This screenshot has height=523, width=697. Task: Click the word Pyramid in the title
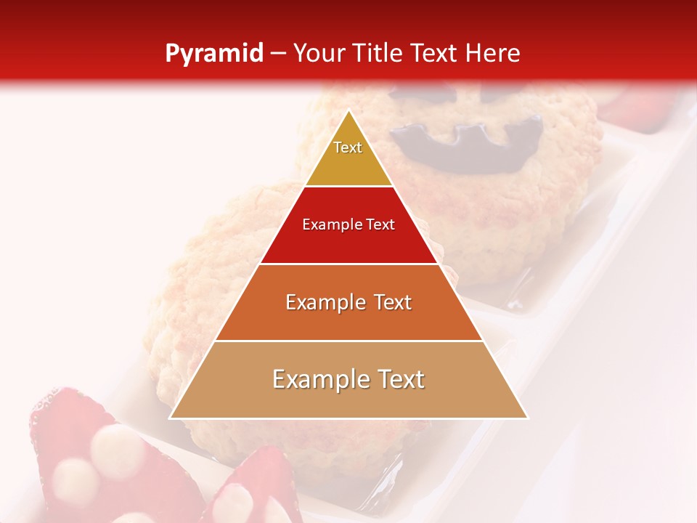(x=214, y=54)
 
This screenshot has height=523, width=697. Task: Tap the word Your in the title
(x=320, y=54)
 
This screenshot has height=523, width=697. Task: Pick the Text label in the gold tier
(x=348, y=147)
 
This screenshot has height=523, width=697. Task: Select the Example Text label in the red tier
(x=348, y=224)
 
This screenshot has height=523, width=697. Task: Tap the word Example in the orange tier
(x=319, y=302)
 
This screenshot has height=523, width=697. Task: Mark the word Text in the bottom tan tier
(x=401, y=379)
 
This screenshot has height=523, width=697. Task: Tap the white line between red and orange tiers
(x=348, y=264)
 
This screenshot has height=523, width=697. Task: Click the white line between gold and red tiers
(x=348, y=186)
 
